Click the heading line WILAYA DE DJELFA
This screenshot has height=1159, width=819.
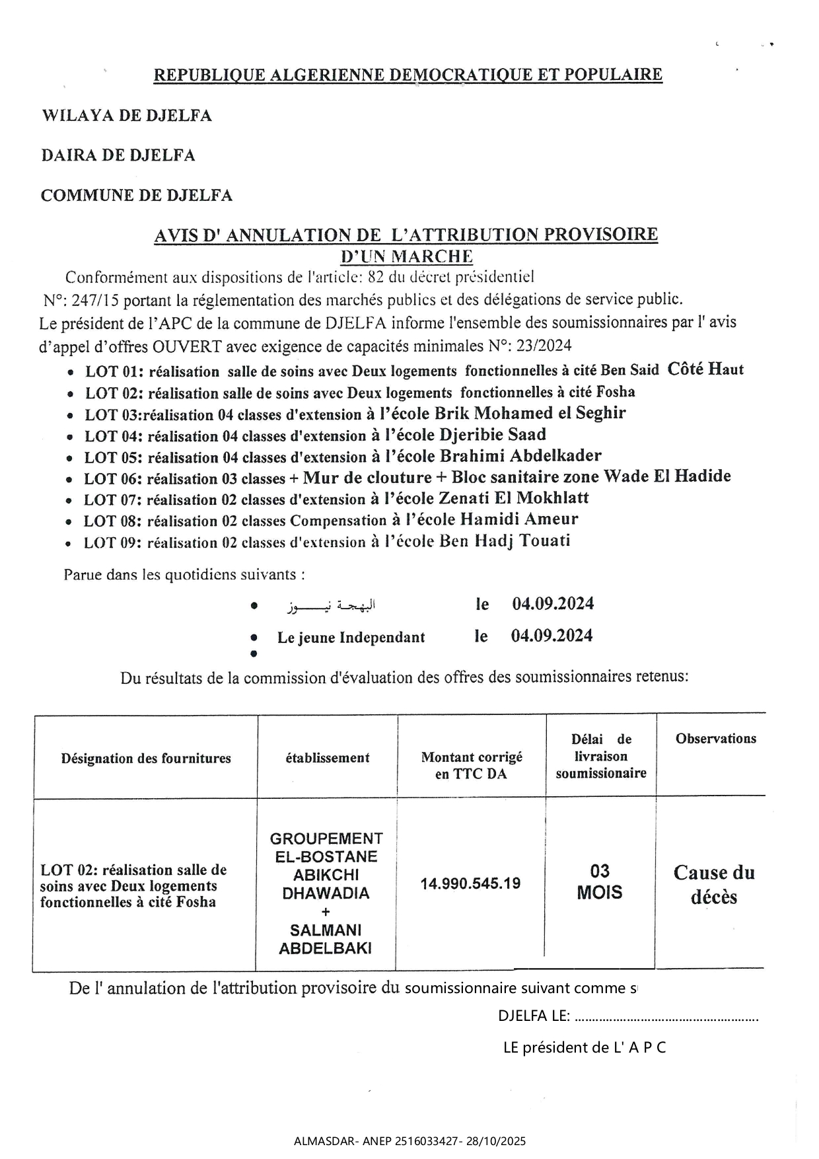127,116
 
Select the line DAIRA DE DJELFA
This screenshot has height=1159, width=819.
118,156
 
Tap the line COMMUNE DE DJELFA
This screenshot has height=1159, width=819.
137,196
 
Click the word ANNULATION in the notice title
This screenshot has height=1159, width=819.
281,235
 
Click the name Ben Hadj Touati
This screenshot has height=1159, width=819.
504,541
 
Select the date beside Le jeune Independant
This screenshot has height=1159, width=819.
552,636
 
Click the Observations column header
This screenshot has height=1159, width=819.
715,739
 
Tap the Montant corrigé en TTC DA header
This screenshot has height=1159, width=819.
472,765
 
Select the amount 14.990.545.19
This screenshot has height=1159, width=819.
470,883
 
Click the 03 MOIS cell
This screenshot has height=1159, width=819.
599,882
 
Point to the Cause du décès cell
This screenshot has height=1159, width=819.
713,885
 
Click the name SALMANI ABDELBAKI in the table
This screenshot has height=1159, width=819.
326,939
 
